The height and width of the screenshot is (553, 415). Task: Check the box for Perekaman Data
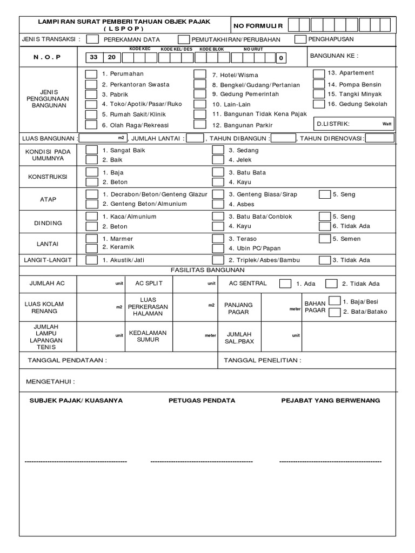click(x=92, y=39)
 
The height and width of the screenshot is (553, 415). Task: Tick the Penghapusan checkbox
click(x=300, y=39)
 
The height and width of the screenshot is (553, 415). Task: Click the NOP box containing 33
click(x=94, y=58)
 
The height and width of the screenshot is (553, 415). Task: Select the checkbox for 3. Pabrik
click(x=92, y=95)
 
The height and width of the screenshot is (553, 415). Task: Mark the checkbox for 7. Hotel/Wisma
click(x=200, y=75)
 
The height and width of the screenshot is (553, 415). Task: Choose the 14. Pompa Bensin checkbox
click(x=319, y=84)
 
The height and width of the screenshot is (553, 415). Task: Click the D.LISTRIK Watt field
click(x=354, y=124)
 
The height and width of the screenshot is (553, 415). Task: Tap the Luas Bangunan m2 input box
click(x=103, y=138)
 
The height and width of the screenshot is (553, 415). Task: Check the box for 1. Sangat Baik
click(x=92, y=150)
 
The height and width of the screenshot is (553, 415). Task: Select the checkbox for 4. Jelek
click(x=217, y=160)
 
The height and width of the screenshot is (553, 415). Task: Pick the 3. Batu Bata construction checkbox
click(x=217, y=172)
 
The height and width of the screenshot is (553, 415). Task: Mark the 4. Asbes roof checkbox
click(x=217, y=204)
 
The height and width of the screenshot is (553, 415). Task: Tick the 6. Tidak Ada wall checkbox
click(x=324, y=226)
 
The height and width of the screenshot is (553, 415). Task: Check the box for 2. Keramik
click(x=92, y=248)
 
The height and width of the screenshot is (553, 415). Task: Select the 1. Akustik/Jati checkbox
click(x=92, y=260)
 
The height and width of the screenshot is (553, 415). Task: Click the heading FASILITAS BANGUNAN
click(x=208, y=270)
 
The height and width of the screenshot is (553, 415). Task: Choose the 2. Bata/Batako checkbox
click(x=334, y=312)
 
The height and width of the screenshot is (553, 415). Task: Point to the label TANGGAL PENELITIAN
click(x=263, y=360)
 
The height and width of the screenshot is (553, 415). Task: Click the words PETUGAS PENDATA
click(x=202, y=401)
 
